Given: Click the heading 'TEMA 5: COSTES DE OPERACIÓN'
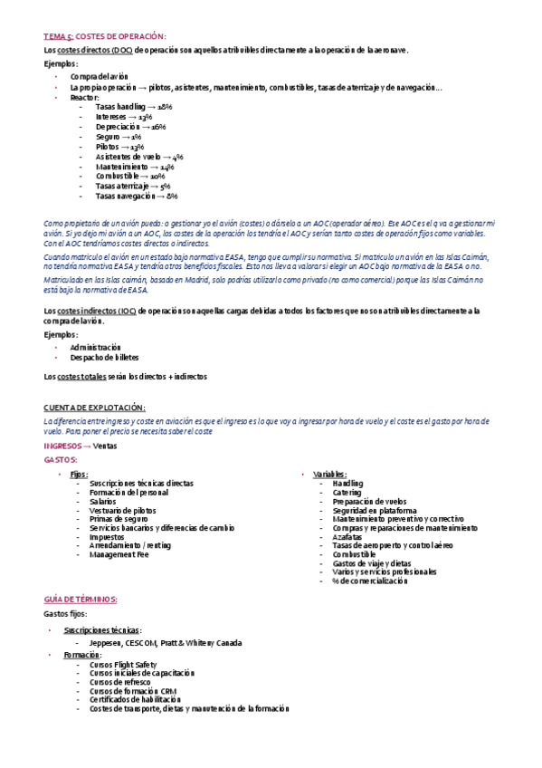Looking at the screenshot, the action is click(x=105, y=36).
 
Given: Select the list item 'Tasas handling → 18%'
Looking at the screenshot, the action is click(x=134, y=107).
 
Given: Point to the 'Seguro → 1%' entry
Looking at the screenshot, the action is click(x=118, y=137).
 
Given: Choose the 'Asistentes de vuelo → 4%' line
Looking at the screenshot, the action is click(x=139, y=156).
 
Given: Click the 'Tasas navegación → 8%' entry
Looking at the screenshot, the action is click(x=137, y=196).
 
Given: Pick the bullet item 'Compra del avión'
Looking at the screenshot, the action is click(x=100, y=77).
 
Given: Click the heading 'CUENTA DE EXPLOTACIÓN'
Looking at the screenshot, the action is click(x=95, y=408).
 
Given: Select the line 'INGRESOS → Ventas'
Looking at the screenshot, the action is click(x=81, y=446).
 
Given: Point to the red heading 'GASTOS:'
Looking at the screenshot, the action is click(x=61, y=460).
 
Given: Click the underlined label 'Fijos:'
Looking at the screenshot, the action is click(x=80, y=475).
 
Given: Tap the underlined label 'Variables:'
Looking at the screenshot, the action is click(x=329, y=475).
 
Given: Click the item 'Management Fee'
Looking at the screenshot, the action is click(x=119, y=554).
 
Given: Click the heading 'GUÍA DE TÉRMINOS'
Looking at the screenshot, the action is click(x=81, y=600).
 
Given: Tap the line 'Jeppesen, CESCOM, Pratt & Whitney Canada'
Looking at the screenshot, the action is click(x=166, y=643).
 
